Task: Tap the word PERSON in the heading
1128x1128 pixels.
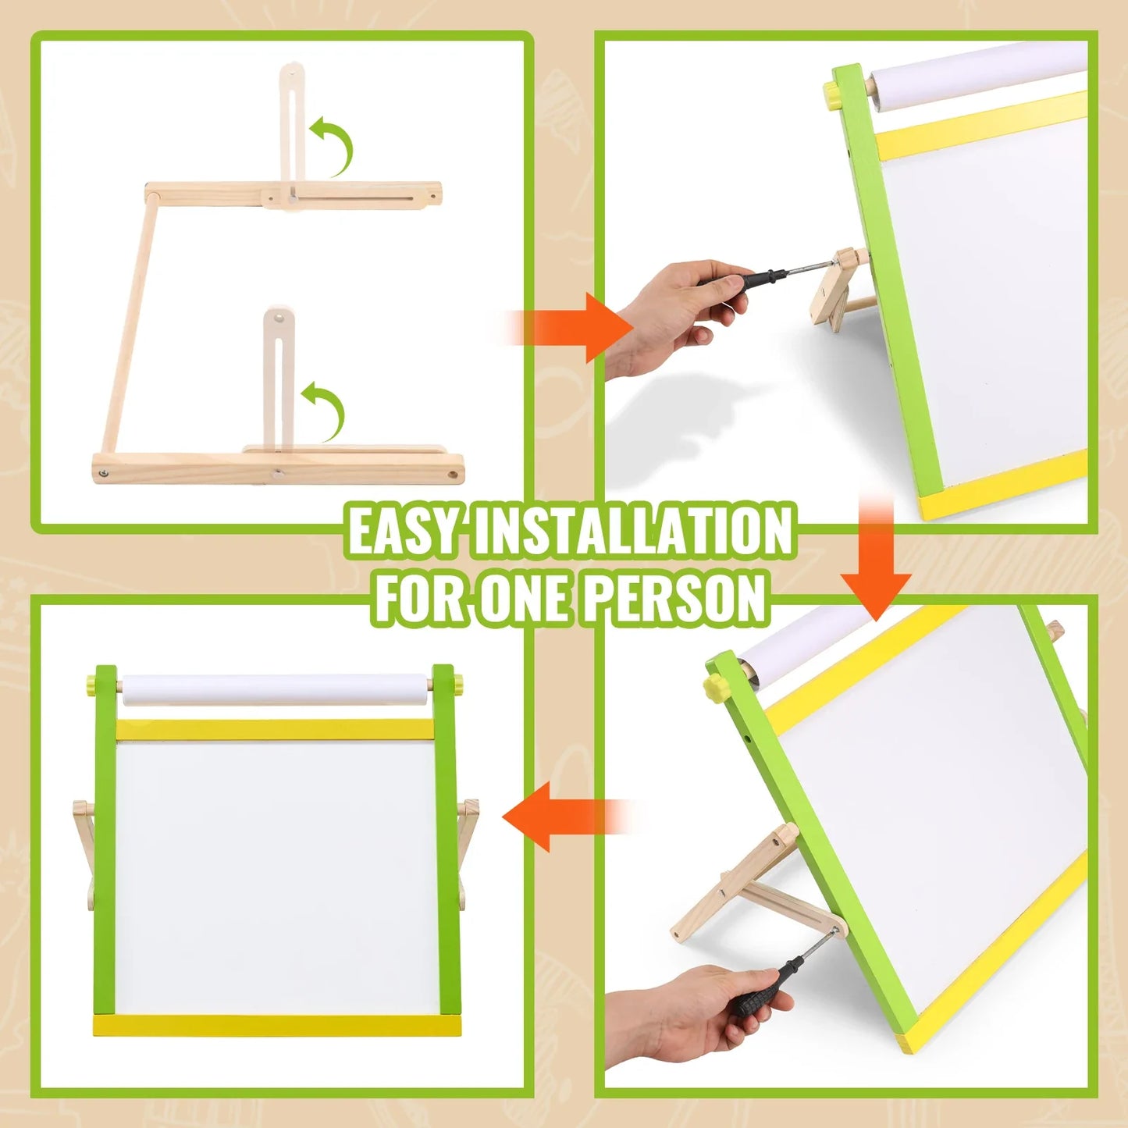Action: [x=675, y=599]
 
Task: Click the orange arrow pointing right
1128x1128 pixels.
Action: [x=578, y=327]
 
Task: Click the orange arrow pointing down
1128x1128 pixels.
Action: [x=876, y=566]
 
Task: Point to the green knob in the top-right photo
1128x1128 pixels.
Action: [x=832, y=94]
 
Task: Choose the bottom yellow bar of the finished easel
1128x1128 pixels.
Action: [x=276, y=1026]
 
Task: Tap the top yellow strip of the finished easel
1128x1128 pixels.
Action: [x=275, y=730]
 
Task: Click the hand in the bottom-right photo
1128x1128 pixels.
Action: [x=679, y=1015]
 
